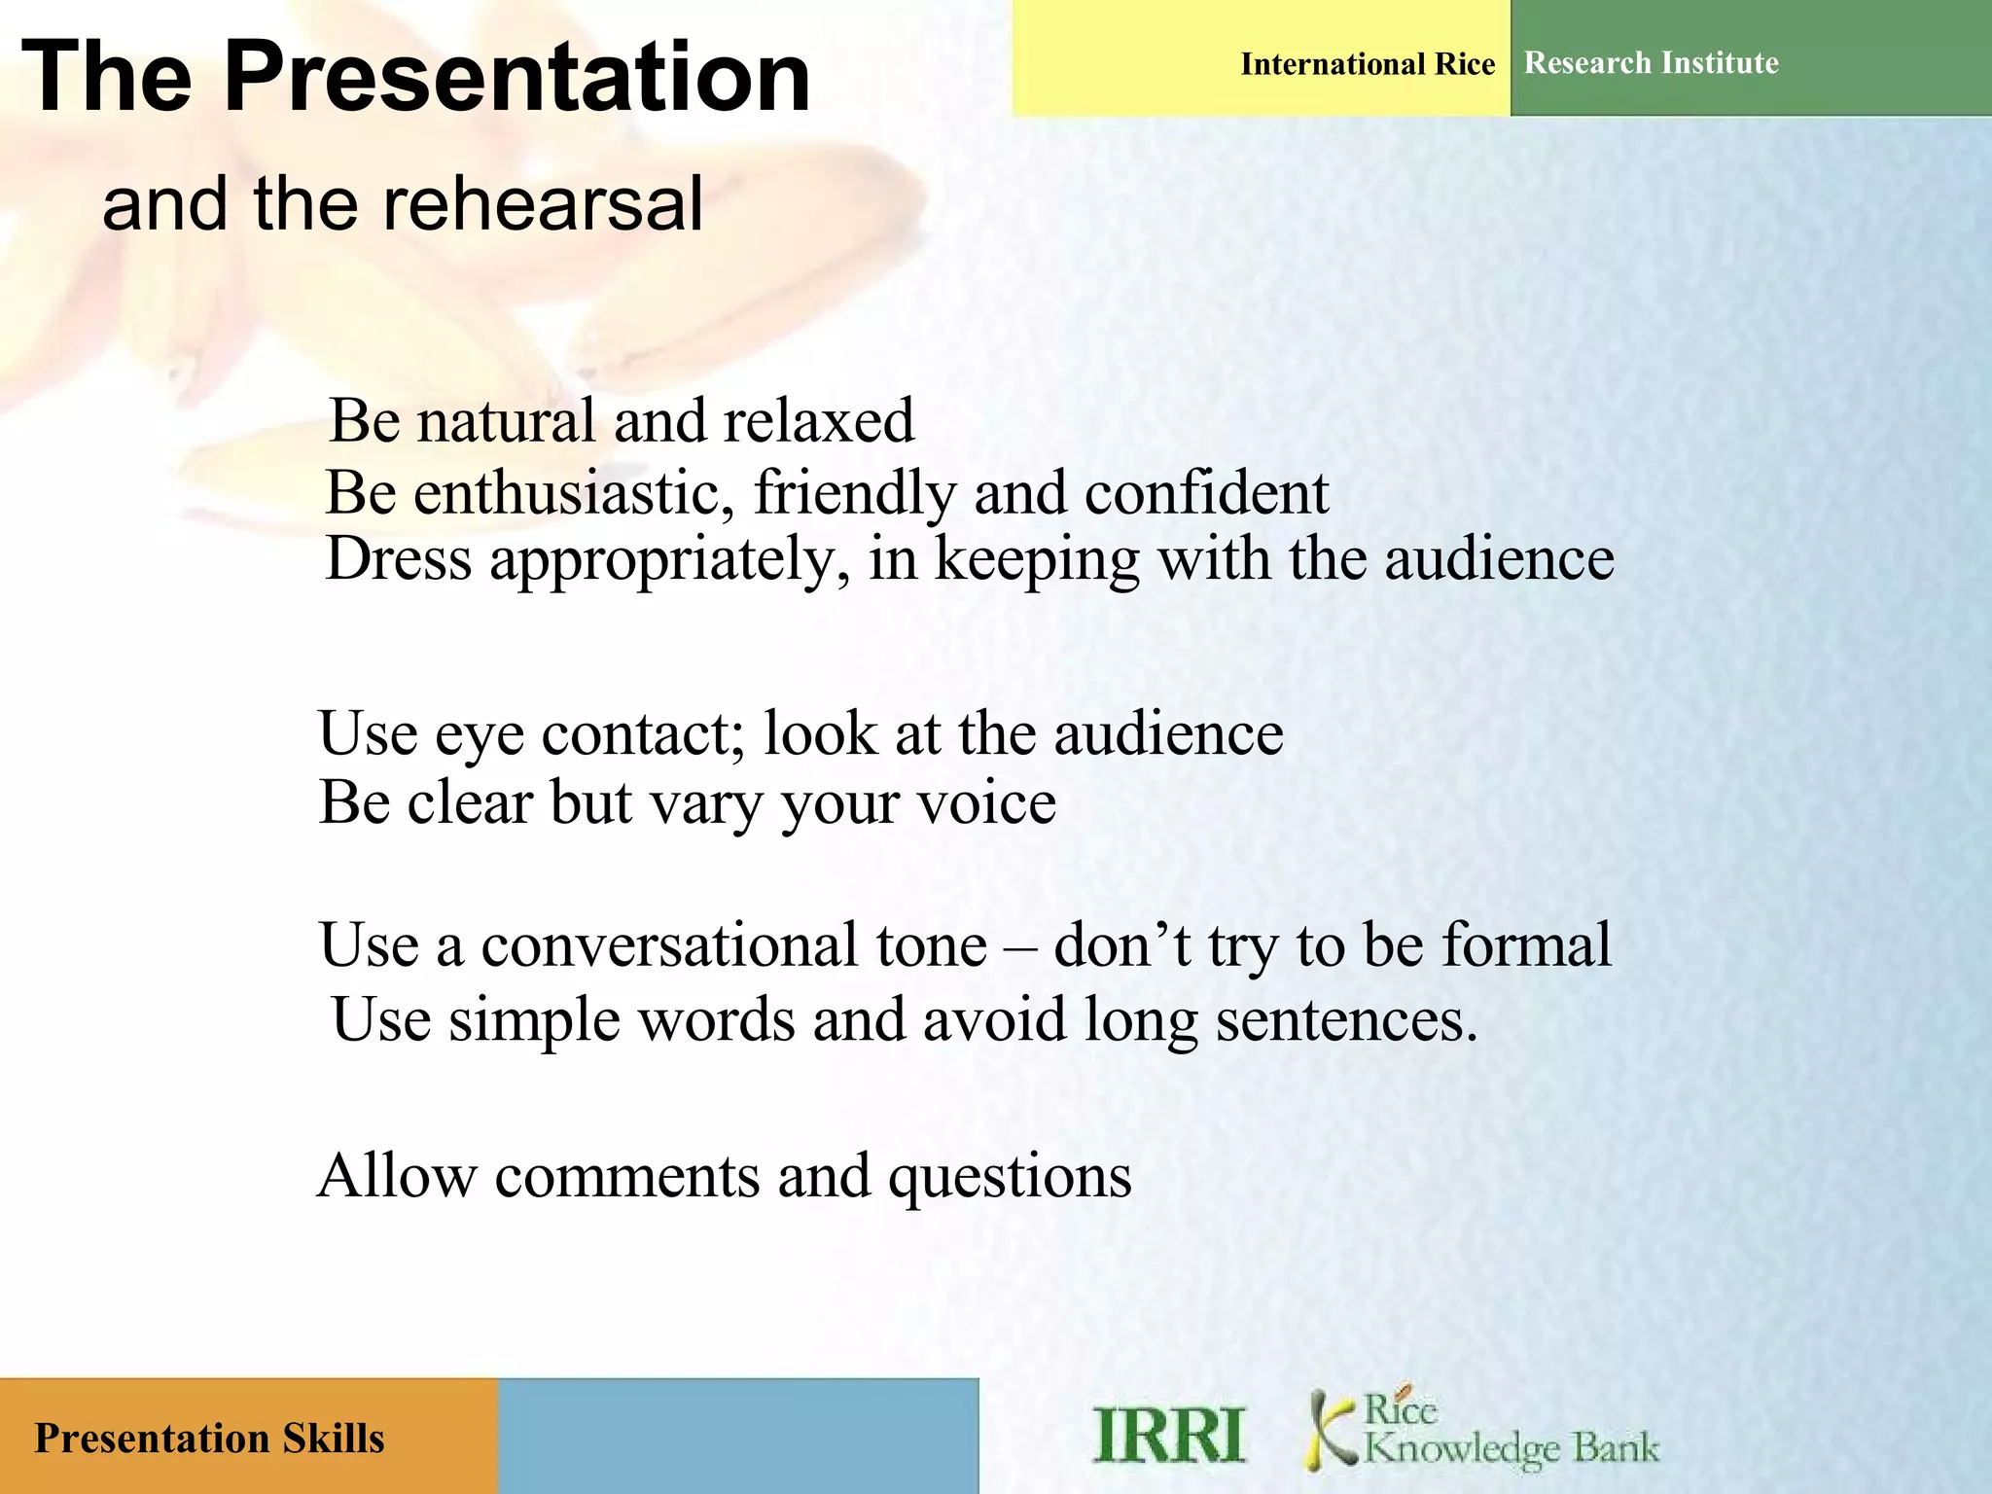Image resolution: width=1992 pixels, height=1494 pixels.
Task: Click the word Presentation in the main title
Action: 516,78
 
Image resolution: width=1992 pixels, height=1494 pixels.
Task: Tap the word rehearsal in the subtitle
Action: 543,204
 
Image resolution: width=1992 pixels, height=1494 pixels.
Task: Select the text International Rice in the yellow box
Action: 1367,64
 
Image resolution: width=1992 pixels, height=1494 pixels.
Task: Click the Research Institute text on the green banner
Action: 1651,63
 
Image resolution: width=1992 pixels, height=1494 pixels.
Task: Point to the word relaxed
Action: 818,421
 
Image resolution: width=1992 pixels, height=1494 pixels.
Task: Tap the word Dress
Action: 399,560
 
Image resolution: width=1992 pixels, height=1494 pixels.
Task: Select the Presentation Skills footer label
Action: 209,1439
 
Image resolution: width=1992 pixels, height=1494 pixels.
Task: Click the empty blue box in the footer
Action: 737,1436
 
